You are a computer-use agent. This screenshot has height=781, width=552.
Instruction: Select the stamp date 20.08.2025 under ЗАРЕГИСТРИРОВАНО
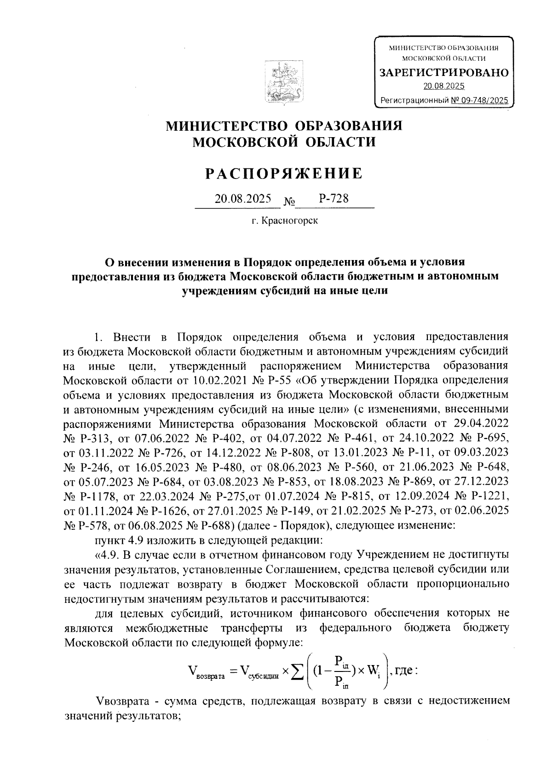pyautogui.click(x=444, y=86)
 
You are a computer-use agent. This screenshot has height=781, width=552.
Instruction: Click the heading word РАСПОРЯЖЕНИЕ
pyautogui.click(x=284, y=174)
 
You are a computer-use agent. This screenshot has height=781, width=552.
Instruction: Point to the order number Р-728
pyautogui.click(x=333, y=199)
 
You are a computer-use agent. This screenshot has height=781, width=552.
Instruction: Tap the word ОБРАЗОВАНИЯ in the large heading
pyautogui.click(x=348, y=125)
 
